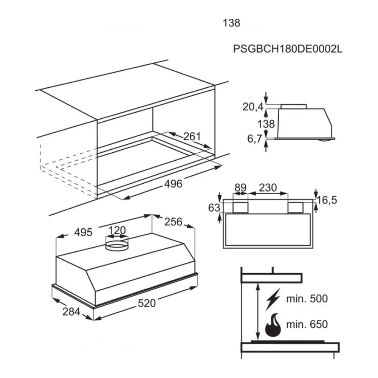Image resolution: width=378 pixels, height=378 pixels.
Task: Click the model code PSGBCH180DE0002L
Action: coord(288,49)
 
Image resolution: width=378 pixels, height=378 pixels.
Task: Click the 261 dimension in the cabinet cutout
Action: coord(192,136)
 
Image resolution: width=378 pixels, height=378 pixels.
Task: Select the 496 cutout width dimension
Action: coord(173,184)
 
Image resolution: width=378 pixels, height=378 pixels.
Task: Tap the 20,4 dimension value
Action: coord(253,107)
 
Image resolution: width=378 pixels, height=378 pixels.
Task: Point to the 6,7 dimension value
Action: coord(254,139)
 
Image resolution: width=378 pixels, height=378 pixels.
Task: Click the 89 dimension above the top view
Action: coord(240,187)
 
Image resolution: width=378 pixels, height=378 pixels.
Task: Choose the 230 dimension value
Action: coord(268,187)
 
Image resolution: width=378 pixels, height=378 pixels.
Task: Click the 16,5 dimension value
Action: coord(327,200)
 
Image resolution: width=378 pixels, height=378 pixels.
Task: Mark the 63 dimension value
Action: coord(214,208)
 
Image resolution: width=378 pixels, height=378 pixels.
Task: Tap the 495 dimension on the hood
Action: coord(83,232)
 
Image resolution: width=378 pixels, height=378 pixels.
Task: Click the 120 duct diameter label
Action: coord(117,230)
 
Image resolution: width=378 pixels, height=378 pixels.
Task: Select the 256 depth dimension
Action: coord(173,222)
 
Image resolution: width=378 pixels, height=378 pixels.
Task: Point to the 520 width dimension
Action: coord(147,303)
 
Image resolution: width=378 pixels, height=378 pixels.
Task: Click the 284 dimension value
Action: coord(71,312)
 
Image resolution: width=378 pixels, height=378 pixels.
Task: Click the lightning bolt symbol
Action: coord(273,299)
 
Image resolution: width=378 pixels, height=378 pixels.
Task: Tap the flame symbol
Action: coord(273,325)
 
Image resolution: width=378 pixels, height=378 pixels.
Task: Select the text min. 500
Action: coord(307,299)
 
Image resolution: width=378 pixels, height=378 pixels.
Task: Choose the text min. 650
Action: coord(307,324)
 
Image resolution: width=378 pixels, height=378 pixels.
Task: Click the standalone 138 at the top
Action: coord(231,23)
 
